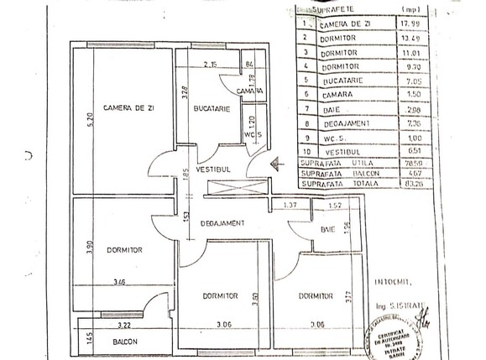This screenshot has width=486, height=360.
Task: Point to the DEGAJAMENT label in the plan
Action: coord(222,222)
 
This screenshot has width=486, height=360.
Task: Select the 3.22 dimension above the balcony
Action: coord(123,324)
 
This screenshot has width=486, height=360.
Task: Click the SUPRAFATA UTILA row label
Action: coord(334,162)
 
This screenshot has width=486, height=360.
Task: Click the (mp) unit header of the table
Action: coord(412,8)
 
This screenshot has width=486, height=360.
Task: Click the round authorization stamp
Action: coord(392,341)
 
